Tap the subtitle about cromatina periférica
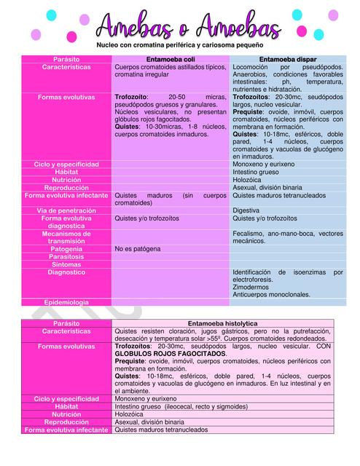click(180, 45)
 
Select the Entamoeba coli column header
click(171, 58)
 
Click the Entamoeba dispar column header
click(287, 58)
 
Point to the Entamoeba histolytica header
click(229, 323)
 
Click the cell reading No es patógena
click(138, 248)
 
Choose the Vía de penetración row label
click(66, 210)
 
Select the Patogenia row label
click(66, 248)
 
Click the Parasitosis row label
click(66, 256)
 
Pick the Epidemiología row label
click(66, 301)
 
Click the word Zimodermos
click(251, 287)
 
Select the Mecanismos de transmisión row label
click(66, 237)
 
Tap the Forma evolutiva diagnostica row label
click(66, 221)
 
